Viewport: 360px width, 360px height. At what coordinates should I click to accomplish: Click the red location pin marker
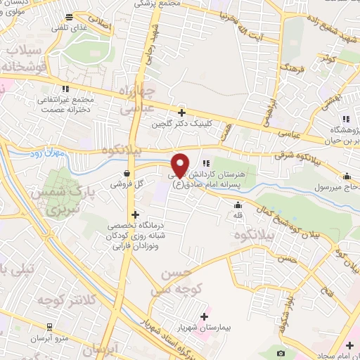(180, 165)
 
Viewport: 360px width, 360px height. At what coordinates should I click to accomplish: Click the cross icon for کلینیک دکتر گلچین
(181, 112)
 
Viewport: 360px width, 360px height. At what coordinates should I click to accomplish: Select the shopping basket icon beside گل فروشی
(126, 173)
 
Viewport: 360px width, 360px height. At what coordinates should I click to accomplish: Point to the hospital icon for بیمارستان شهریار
(205, 316)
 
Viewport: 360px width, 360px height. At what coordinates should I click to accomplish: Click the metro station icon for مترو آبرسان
(49, 327)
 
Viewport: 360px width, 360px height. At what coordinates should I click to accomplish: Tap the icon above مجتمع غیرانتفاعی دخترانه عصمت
(66, 89)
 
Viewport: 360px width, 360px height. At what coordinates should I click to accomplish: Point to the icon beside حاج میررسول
(347, 176)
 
